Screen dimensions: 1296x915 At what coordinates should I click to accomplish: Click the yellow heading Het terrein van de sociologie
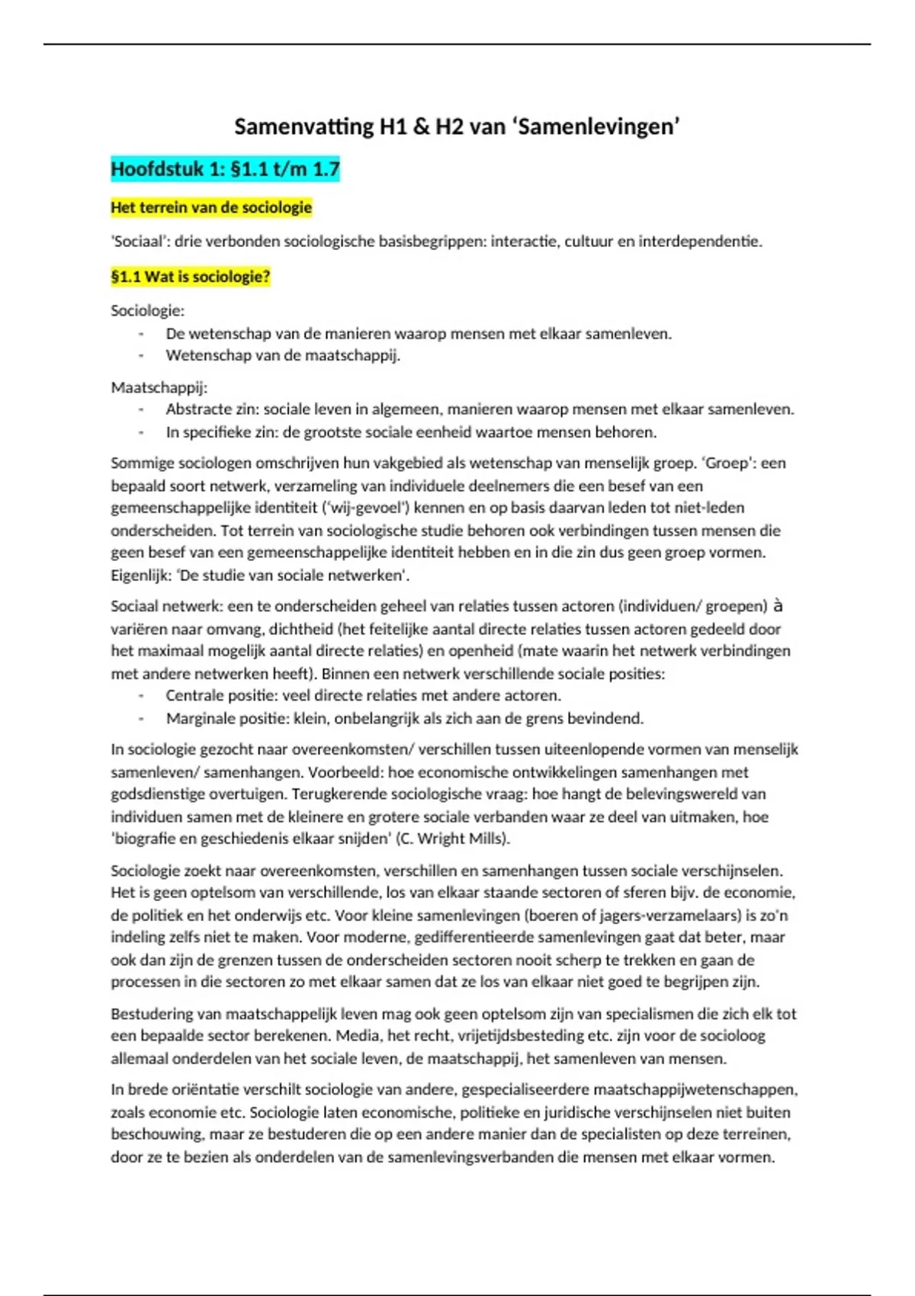[x=211, y=207]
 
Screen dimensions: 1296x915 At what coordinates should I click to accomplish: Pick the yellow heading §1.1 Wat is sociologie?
[x=191, y=277]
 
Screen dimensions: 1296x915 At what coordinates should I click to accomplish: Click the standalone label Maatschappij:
[x=159, y=387]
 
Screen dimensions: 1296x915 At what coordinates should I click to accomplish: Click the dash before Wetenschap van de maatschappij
[x=141, y=356]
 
